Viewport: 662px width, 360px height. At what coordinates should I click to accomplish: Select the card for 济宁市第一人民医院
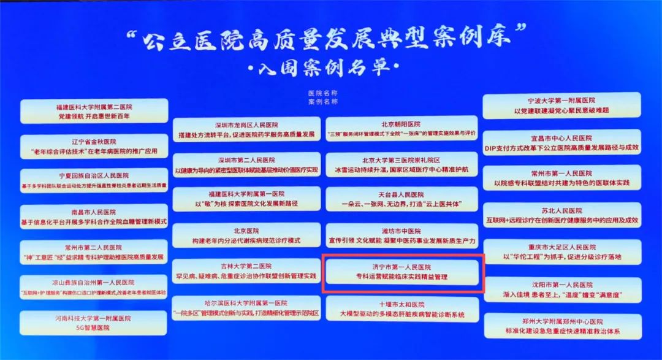pyautogui.click(x=403, y=272)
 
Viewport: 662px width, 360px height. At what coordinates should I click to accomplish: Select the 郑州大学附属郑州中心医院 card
pyautogui.click(x=561, y=326)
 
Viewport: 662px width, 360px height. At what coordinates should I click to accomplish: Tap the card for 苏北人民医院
pyautogui.click(x=561, y=215)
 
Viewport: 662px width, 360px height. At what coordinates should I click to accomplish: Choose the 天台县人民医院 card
pyautogui.click(x=402, y=199)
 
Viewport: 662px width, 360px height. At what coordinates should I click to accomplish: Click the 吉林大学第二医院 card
pyautogui.click(x=247, y=271)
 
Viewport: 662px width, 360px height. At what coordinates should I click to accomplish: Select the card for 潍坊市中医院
pyautogui.click(x=402, y=235)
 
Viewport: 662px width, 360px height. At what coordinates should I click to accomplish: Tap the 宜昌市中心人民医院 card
pyautogui.click(x=561, y=142)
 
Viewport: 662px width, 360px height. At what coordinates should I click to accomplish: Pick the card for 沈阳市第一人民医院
pyautogui.click(x=561, y=289)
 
